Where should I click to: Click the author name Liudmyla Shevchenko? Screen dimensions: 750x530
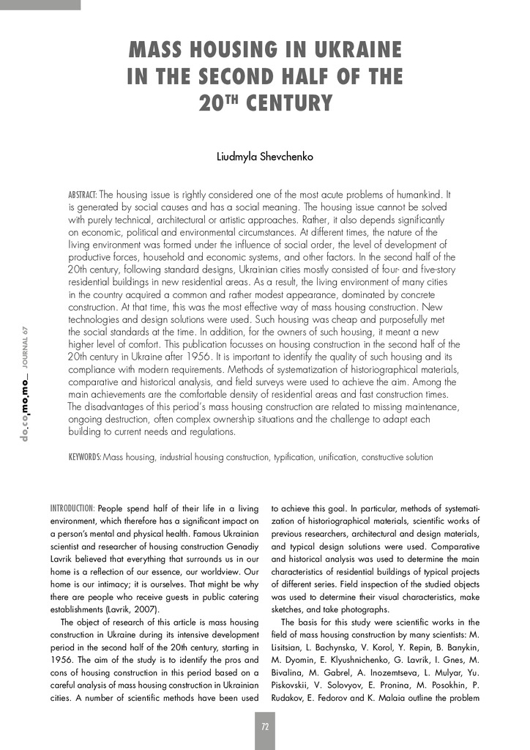[x=265, y=157]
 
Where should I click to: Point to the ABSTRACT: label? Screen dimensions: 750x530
[x=82, y=196]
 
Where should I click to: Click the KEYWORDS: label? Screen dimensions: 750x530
[x=85, y=457]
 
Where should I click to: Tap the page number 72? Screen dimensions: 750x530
[x=265, y=726]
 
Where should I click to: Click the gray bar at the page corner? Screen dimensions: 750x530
[x=40, y=4]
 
